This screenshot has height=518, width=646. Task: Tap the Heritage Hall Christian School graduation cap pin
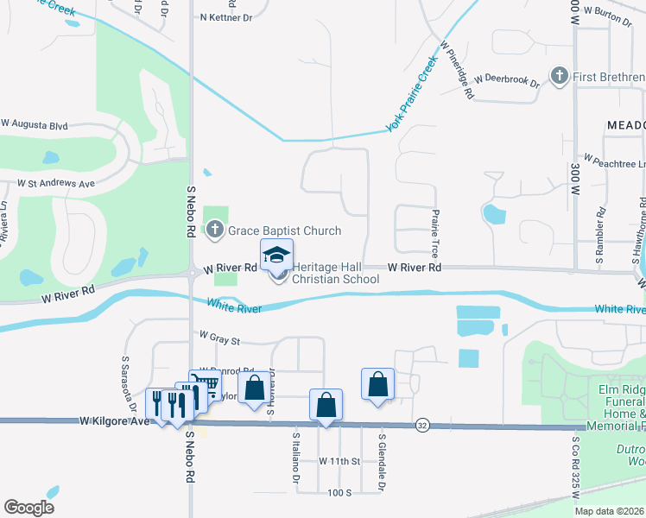pyautogui.click(x=277, y=256)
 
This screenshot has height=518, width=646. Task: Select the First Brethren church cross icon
pyautogui.click(x=560, y=77)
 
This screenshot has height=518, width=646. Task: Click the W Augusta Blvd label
pyautogui.click(x=35, y=125)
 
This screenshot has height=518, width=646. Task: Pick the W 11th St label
pyautogui.click(x=339, y=461)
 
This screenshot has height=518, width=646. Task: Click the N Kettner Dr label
pyautogui.click(x=225, y=16)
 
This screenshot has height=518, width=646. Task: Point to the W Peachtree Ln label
pyautogui.click(x=615, y=161)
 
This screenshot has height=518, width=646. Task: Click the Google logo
pyautogui.click(x=28, y=508)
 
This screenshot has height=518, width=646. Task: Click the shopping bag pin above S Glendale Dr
pyautogui.click(x=378, y=383)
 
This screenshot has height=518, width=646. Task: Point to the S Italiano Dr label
pyautogui.click(x=295, y=458)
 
